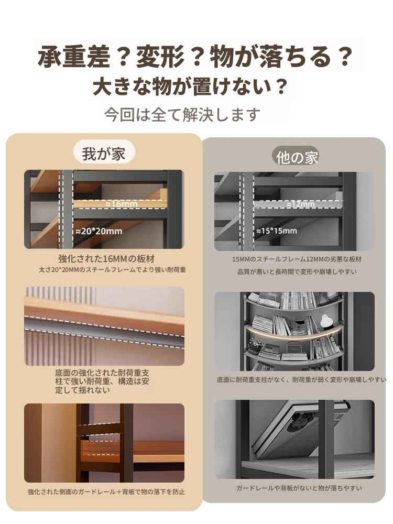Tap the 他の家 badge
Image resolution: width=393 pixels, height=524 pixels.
(x=297, y=157)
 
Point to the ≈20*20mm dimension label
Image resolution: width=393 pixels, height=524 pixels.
(x=99, y=231)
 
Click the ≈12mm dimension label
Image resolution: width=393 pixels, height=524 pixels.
(x=301, y=204)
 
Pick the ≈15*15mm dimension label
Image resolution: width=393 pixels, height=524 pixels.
(x=276, y=231)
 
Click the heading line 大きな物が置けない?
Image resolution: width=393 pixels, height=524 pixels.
(x=190, y=87)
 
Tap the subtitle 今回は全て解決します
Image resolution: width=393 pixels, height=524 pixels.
(x=182, y=115)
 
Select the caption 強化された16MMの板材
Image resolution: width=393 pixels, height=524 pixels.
(x=106, y=259)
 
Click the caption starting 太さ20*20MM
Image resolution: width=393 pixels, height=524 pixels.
(x=112, y=270)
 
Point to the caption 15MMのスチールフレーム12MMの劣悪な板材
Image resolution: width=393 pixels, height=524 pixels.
(x=297, y=259)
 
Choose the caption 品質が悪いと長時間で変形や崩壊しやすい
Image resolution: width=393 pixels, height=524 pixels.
(x=297, y=271)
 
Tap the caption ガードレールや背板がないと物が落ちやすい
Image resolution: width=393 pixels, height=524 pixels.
(x=299, y=488)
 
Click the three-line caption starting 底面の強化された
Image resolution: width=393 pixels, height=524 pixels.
(x=102, y=381)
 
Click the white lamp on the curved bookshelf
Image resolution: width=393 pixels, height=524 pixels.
(x=325, y=321)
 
